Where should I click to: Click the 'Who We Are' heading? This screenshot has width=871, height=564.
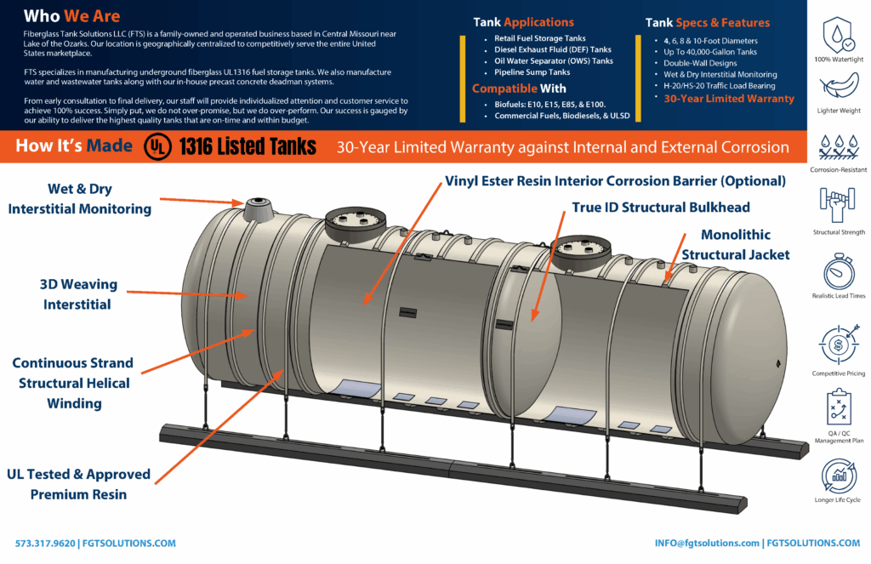(x=71, y=16)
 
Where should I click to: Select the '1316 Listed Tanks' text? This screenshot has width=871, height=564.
(x=247, y=147)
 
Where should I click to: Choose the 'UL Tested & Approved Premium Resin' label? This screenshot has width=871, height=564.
(x=78, y=483)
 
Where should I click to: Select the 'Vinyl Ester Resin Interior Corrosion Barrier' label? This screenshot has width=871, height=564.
(x=615, y=180)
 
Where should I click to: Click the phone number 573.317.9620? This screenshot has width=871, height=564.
(x=46, y=543)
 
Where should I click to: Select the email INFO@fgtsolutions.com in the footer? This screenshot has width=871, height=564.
(x=707, y=543)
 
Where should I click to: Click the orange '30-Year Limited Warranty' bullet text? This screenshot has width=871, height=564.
(x=728, y=99)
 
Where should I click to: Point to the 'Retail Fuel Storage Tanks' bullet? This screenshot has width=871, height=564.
(x=540, y=38)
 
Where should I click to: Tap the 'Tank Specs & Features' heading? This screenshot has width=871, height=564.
(x=719, y=22)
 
